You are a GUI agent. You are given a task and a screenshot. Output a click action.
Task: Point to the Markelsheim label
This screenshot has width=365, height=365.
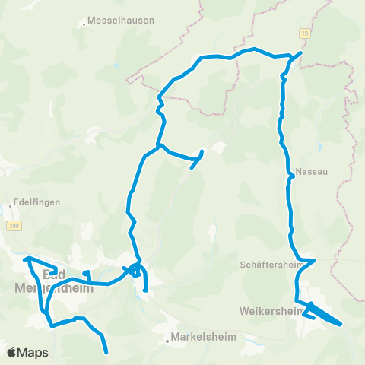coord(205,337)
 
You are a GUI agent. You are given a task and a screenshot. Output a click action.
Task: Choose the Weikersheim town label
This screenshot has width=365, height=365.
coord(267,312)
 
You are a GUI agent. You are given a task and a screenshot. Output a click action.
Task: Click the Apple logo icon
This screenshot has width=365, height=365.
coord(12,352)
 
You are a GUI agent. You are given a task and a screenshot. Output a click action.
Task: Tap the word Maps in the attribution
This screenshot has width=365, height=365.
coord(34,352)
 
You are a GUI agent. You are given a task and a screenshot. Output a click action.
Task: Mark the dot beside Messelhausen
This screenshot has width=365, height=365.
coord(84,25)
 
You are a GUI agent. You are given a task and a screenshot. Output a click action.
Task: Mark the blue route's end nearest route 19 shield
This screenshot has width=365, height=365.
coord(301,53)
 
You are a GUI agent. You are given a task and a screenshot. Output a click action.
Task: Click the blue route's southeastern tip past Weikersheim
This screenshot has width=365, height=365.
coord(341,325)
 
